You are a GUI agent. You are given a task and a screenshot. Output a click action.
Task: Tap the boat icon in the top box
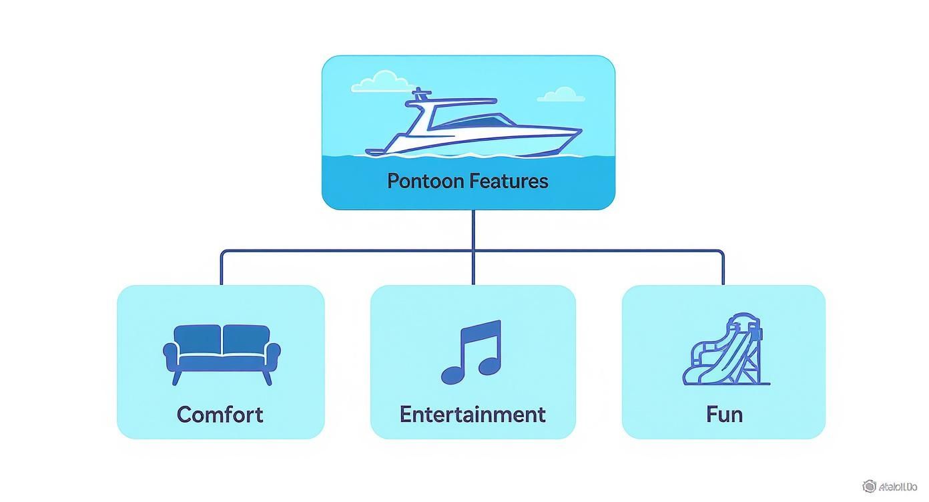[474, 127]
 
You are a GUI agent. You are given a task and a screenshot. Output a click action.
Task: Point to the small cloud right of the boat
[561, 95]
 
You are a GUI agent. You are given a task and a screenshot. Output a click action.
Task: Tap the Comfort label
[220, 415]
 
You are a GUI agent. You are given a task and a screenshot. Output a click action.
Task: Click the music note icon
[471, 352]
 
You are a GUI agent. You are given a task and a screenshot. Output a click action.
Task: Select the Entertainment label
[473, 415]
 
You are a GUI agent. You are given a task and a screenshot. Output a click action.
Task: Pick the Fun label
[724, 415]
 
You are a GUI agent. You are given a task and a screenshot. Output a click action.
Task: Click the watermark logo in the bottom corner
[869, 486]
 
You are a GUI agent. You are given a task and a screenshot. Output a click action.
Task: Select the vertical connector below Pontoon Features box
[473, 230]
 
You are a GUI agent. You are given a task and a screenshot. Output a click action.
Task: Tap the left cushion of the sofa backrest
[198, 339]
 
